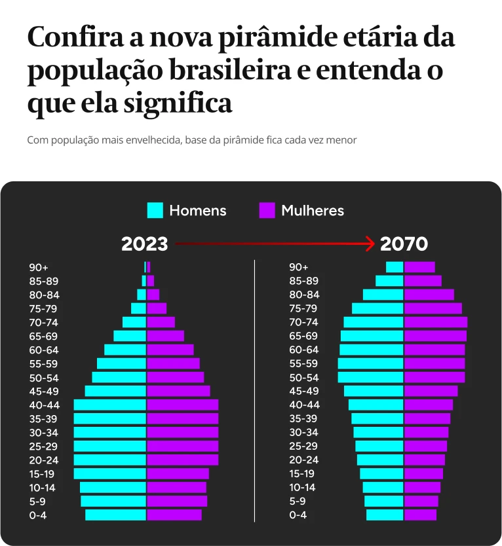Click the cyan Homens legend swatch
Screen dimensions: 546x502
click(x=155, y=210)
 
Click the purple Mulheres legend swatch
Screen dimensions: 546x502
click(x=267, y=210)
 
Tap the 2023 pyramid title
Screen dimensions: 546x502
click(x=144, y=244)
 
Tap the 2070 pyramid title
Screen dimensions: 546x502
click(x=404, y=244)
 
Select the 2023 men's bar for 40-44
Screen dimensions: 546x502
click(x=109, y=405)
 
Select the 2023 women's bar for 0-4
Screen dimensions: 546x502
click(x=174, y=515)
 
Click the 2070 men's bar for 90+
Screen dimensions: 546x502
click(x=395, y=267)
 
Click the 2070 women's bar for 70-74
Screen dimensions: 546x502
click(x=436, y=322)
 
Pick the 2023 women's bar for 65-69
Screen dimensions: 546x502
click(x=166, y=336)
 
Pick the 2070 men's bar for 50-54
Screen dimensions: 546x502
click(x=370, y=378)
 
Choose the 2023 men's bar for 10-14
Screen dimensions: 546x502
click(x=113, y=488)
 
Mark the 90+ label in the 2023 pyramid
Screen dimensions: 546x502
click(x=39, y=267)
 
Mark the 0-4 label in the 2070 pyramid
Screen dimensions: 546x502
click(x=298, y=515)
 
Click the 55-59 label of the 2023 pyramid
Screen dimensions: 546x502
click(x=43, y=364)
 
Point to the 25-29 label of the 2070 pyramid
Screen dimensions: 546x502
click(x=303, y=446)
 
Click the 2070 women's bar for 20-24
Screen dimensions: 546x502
click(x=425, y=460)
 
